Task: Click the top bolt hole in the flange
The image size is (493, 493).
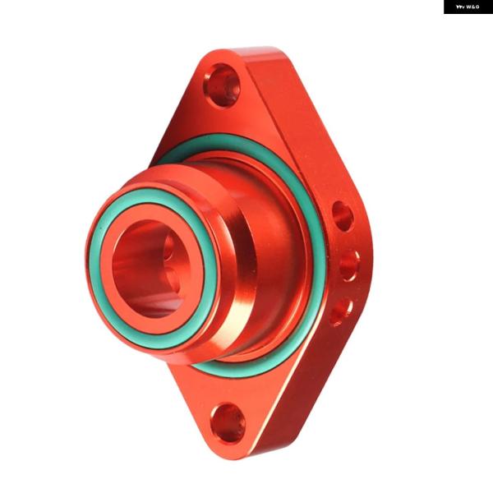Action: (223, 85)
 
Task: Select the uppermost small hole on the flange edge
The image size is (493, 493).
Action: (343, 216)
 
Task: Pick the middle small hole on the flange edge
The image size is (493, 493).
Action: (349, 265)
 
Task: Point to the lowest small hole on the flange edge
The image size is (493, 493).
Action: (341, 313)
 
